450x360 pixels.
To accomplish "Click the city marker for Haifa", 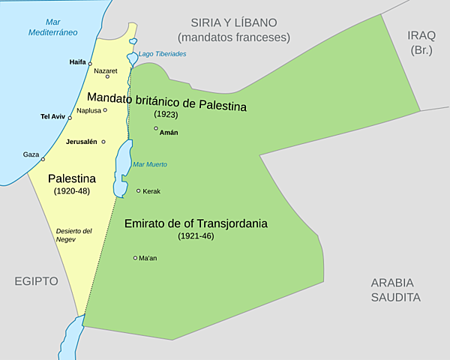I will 90,64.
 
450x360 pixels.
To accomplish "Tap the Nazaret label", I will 106,70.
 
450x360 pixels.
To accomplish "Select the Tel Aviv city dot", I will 70,118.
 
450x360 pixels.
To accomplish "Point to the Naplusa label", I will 88,110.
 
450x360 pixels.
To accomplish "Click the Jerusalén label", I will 82,142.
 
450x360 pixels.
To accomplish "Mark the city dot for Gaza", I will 43,159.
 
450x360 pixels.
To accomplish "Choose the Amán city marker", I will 156,128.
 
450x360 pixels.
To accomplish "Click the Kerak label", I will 151,191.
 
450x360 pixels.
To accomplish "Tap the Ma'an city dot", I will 135,258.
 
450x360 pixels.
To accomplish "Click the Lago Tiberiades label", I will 162,54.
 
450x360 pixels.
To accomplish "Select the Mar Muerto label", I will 149,164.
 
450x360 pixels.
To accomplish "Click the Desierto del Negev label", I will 73,235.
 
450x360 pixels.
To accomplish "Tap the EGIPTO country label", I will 35,281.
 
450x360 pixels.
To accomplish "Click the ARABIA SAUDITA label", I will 396,289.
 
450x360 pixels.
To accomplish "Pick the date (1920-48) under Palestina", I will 71,192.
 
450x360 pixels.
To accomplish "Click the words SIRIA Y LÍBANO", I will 233,22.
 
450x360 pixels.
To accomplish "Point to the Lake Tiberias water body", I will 133,58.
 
